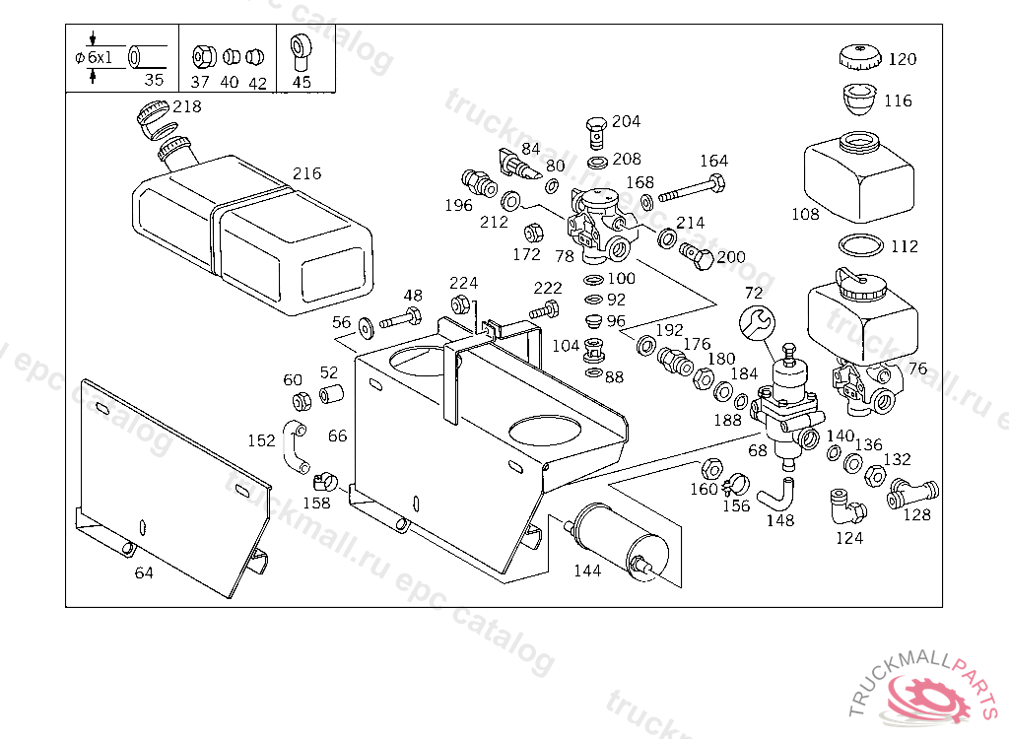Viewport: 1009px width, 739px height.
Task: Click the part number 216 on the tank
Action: tap(307, 173)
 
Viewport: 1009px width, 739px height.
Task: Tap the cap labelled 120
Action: tap(859, 56)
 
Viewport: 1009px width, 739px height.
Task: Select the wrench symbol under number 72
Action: tap(758, 322)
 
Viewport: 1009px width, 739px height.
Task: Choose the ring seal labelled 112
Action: tap(861, 245)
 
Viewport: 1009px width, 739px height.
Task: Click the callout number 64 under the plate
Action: tap(144, 572)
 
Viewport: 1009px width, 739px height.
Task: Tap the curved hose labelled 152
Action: tap(295, 446)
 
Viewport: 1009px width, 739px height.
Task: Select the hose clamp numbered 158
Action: tap(325, 482)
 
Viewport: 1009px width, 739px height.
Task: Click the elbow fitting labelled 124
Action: tap(846, 506)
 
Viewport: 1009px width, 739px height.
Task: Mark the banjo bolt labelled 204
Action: tap(596, 133)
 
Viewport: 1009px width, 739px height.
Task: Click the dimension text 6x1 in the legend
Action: tap(100, 57)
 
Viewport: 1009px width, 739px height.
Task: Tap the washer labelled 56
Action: tap(367, 328)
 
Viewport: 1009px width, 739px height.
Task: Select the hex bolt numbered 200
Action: tap(697, 256)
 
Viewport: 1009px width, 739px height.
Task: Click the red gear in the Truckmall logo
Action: tap(927, 697)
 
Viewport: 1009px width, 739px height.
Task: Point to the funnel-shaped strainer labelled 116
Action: tap(859, 100)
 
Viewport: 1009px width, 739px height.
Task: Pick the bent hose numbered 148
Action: tap(774, 494)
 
